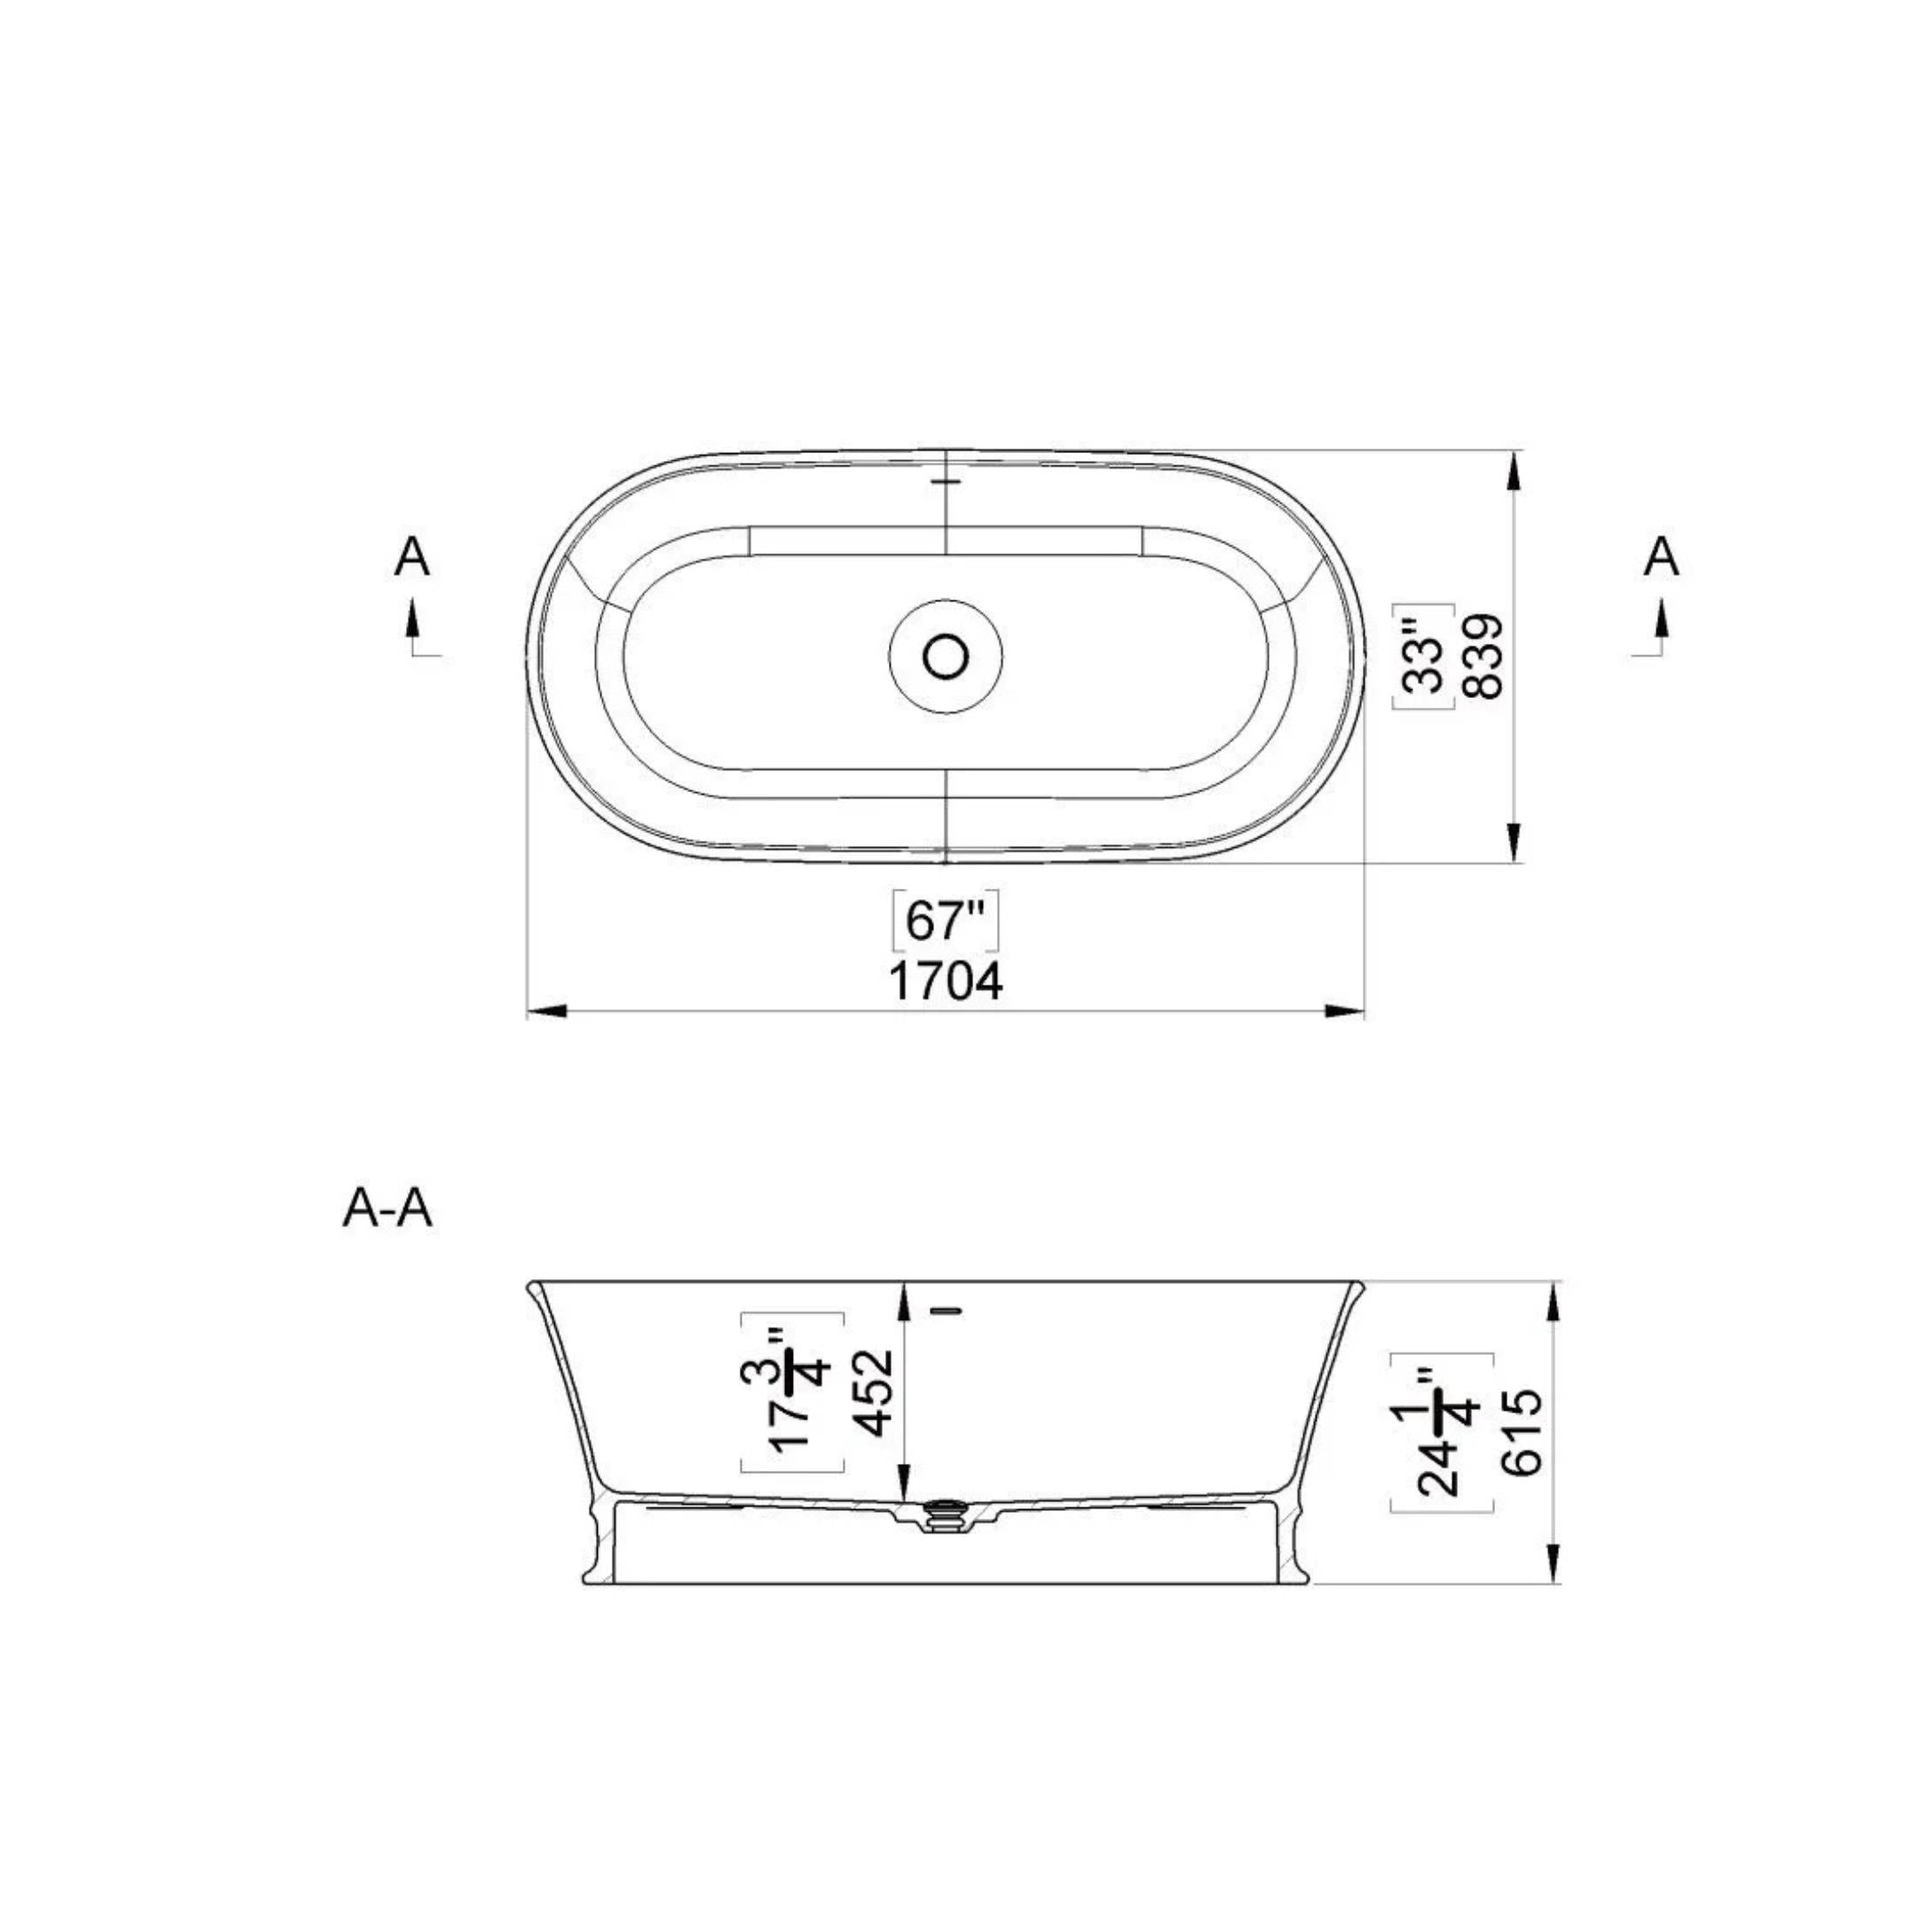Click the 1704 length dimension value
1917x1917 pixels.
click(945, 982)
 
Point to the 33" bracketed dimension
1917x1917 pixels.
click(1423, 657)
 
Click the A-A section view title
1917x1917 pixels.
click(387, 1209)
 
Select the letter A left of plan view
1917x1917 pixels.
click(412, 558)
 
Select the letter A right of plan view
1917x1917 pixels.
click(1661, 558)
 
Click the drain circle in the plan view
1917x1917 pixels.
click(945, 656)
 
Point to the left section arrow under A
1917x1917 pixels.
click(413, 623)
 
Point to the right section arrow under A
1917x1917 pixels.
click(1660, 623)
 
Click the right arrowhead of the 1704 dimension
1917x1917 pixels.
click(1345, 1011)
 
